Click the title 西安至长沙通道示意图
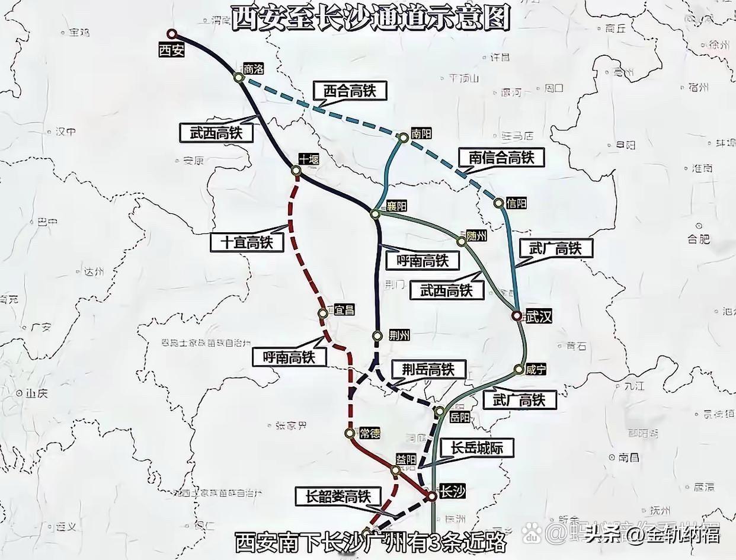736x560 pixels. click(x=370, y=18)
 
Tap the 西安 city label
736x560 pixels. click(x=172, y=50)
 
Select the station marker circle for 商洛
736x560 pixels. click(x=239, y=77)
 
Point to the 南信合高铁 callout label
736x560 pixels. click(x=501, y=158)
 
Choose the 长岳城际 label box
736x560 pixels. click(x=476, y=448)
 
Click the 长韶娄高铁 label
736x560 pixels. click(x=338, y=496)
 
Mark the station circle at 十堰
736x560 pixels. click(x=296, y=171)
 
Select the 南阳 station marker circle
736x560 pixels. click(x=404, y=137)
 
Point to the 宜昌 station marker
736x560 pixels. click(x=323, y=313)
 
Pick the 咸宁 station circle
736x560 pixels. click(x=519, y=370)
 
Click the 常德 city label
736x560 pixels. click(x=369, y=433)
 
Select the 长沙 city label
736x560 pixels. click(x=452, y=491)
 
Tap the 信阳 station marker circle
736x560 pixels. click(x=498, y=203)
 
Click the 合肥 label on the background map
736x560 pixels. click(x=699, y=239)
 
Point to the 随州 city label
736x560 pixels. click(x=476, y=235)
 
